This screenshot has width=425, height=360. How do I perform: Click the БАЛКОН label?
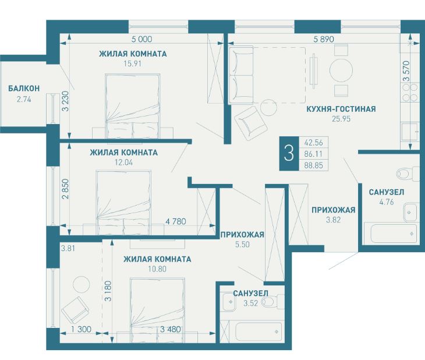[24, 89]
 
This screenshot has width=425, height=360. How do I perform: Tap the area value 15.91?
[133, 63]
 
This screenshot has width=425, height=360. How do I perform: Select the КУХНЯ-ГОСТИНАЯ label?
[341, 109]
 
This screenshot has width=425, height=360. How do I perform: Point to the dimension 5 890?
[324, 40]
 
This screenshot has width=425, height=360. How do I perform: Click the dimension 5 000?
[141, 40]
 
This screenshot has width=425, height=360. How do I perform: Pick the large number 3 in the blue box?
[289, 153]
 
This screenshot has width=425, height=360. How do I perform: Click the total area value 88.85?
[314, 165]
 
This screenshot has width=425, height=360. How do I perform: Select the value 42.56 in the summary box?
[314, 142]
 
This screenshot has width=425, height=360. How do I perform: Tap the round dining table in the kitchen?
[341, 70]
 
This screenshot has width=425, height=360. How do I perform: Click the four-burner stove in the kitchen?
[409, 92]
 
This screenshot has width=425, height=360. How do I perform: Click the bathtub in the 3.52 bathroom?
[258, 331]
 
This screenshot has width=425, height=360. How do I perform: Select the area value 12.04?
[124, 163]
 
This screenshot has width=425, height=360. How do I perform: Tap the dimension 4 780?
[176, 221]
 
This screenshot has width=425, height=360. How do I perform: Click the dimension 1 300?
[81, 329]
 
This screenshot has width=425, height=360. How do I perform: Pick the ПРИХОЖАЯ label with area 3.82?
[334, 210]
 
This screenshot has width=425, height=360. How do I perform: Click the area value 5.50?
[242, 245]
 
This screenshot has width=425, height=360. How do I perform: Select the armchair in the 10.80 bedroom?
[75, 310]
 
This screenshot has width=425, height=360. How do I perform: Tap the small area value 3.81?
[68, 248]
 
